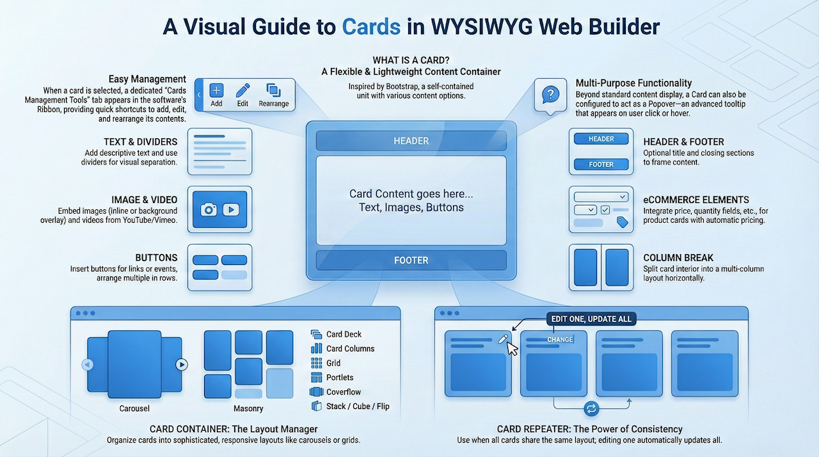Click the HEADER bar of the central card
click(x=411, y=141)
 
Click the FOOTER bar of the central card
click(x=411, y=261)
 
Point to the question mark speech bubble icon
click(x=550, y=95)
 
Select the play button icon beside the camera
click(x=230, y=209)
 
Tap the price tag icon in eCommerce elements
click(x=621, y=222)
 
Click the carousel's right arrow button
click(x=182, y=365)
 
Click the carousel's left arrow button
click(x=88, y=365)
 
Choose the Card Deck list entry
click(x=344, y=334)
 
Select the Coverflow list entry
click(x=344, y=392)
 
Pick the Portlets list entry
click(x=340, y=378)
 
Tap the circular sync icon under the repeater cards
click(x=591, y=408)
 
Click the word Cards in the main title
click(x=371, y=28)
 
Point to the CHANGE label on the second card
click(x=560, y=340)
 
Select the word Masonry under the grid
click(x=248, y=408)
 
